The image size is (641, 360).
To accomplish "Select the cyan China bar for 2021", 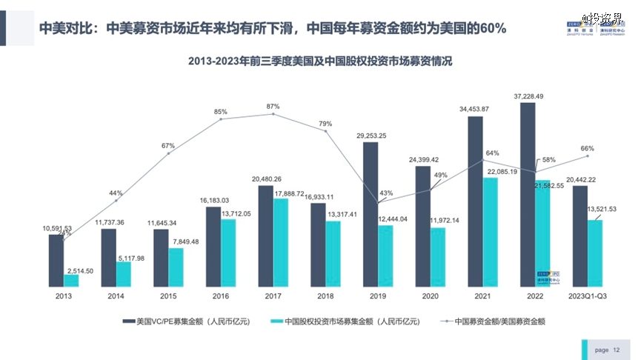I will click(x=491, y=231).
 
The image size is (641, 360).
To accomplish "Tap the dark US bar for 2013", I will click(x=56, y=260).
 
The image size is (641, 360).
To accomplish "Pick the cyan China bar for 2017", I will click(x=280, y=242).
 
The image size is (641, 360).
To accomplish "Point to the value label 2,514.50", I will click(x=79, y=271).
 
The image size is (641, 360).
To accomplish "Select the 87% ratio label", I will click(x=273, y=107).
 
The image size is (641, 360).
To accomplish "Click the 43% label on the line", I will click(x=385, y=193).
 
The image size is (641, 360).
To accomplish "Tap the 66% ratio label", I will click(x=587, y=148).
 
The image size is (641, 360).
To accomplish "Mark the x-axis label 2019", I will click(x=378, y=295).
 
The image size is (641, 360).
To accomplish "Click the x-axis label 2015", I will click(x=168, y=295).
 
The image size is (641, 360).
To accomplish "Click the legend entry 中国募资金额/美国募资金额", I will click(x=499, y=321).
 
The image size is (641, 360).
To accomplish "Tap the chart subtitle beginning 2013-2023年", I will click(x=320, y=62).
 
